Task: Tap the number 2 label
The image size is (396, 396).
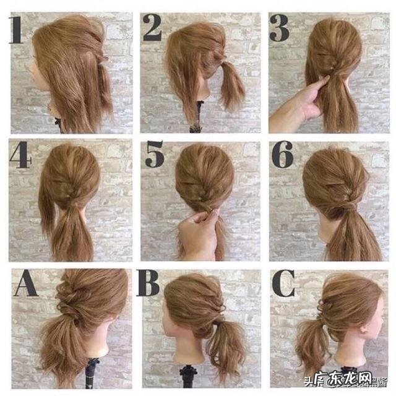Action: pos(152,28)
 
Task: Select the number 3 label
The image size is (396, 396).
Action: pos(280,28)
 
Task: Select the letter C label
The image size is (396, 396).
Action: pos(283,285)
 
